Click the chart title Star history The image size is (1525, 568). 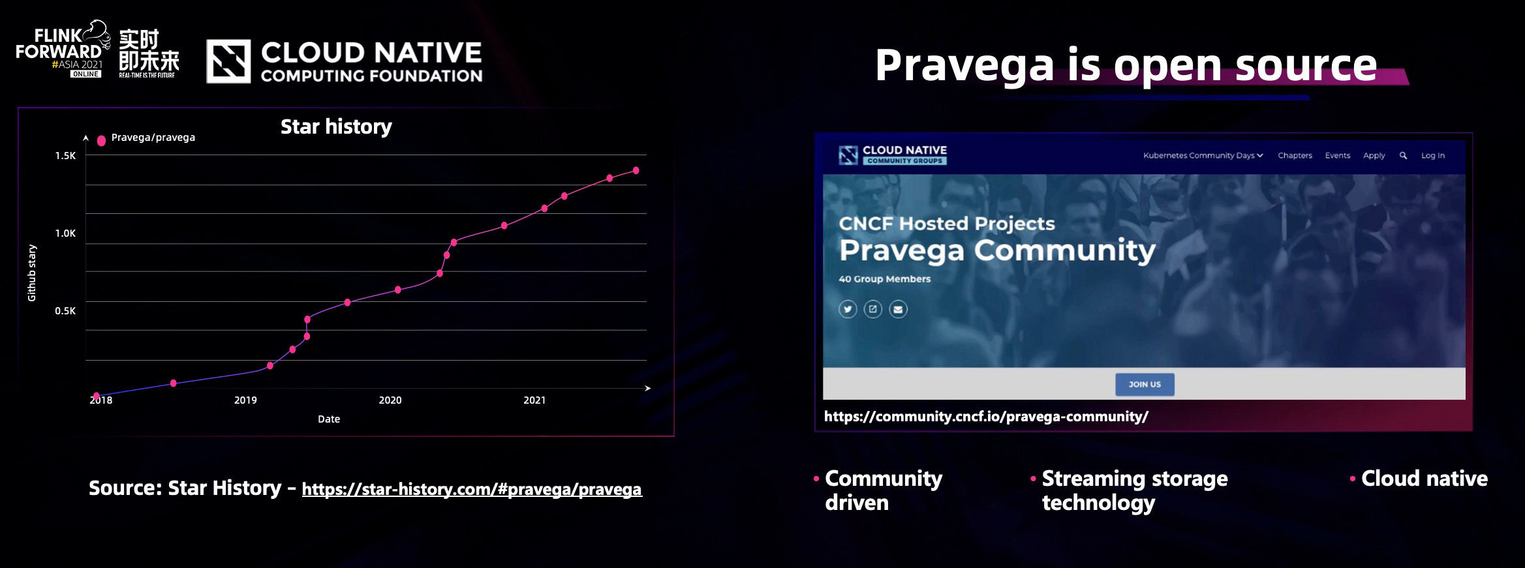click(x=336, y=127)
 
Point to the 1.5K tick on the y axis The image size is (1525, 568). click(x=65, y=156)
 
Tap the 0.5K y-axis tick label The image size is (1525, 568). click(x=65, y=311)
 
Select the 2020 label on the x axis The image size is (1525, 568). click(x=390, y=400)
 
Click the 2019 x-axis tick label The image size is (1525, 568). click(x=245, y=400)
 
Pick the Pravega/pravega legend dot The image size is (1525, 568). click(x=101, y=140)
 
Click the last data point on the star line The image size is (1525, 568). click(x=636, y=171)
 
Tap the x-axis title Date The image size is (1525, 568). click(x=329, y=419)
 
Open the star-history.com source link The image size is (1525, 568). click(x=472, y=489)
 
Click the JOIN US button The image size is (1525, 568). click(x=1145, y=385)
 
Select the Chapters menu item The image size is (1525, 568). click(x=1295, y=156)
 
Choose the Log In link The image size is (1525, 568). click(x=1433, y=156)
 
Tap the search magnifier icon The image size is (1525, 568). click(x=1403, y=156)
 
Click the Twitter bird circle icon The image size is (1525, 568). click(x=848, y=309)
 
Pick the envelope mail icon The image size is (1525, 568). click(x=898, y=309)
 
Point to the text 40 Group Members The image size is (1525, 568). click(x=884, y=279)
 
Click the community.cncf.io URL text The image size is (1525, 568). click(x=986, y=417)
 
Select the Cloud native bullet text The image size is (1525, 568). click(x=1425, y=479)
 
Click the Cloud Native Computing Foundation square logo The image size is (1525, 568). click(x=228, y=61)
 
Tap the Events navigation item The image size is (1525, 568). click(x=1337, y=156)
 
